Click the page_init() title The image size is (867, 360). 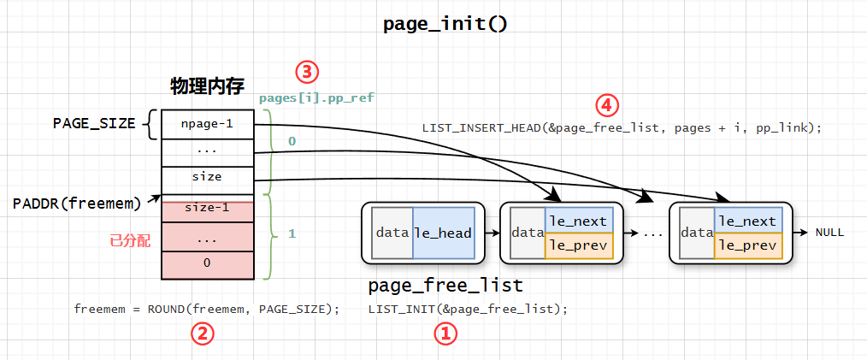445,24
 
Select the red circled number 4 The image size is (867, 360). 606,105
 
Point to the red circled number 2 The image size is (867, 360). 201,333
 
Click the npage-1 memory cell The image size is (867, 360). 207,123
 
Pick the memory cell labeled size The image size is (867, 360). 207,177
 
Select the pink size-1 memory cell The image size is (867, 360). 207,207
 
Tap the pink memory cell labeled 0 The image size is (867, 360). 207,263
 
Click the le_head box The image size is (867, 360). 443,232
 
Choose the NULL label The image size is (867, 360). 829,232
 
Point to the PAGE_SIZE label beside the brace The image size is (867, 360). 94,123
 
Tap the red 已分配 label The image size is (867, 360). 130,242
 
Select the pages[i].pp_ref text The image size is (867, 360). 316,98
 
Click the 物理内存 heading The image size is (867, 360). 208,86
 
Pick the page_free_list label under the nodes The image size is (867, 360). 445,285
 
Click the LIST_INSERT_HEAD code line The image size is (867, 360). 622,128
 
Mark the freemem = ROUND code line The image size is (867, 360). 206,309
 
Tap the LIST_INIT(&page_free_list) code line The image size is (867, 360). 468,309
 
